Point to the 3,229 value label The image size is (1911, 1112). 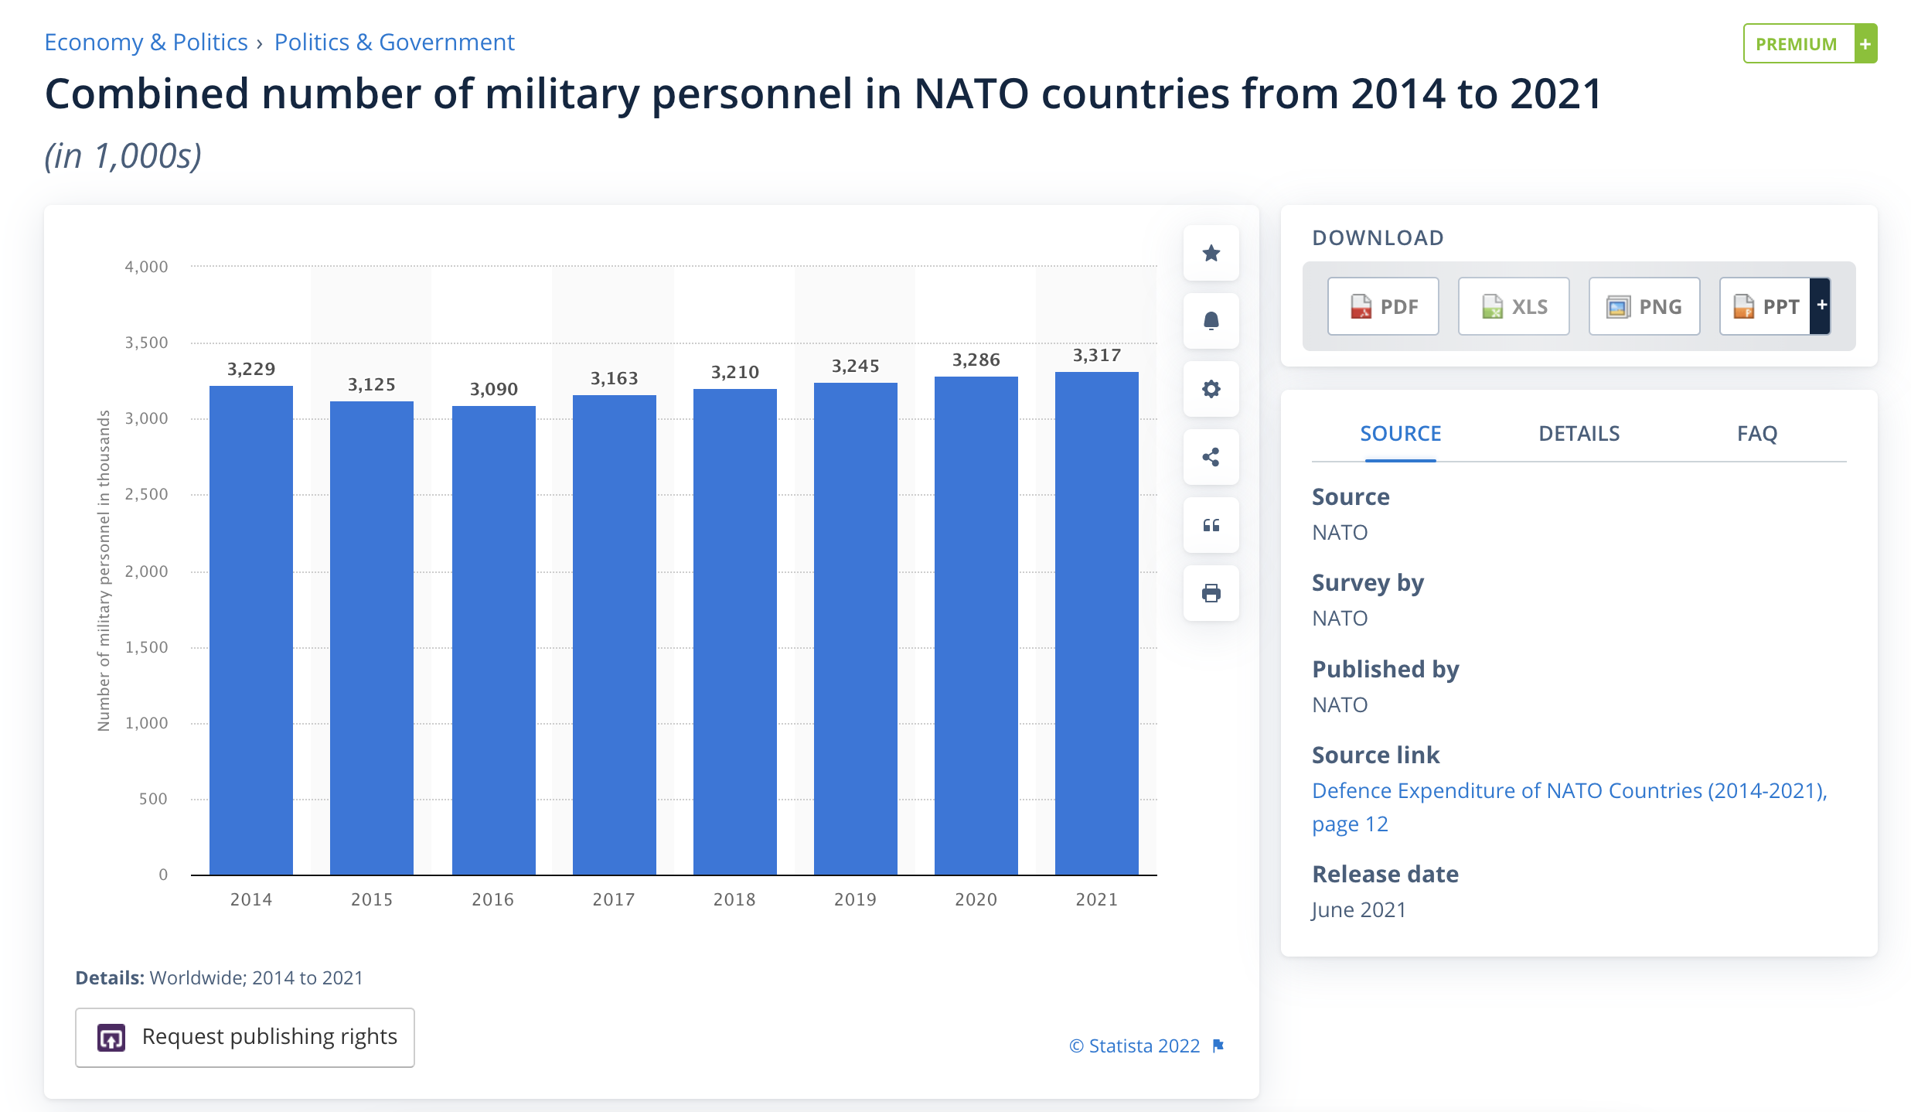(x=251, y=369)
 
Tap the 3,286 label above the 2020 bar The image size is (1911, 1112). (x=976, y=360)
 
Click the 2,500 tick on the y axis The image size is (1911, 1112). (x=146, y=494)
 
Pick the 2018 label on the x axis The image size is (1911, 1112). (x=734, y=899)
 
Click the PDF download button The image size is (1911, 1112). (x=1383, y=306)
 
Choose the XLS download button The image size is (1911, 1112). (x=1514, y=306)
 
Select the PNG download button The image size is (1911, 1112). (x=1644, y=306)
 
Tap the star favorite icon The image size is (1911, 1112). (x=1211, y=253)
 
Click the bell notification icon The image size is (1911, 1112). (x=1211, y=321)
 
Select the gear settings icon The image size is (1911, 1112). (x=1211, y=389)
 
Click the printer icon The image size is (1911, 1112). (x=1211, y=593)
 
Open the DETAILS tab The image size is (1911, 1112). (x=1579, y=434)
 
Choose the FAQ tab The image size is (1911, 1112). (x=1756, y=434)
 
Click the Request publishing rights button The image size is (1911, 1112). (x=244, y=1037)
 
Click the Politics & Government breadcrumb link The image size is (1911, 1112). (x=394, y=43)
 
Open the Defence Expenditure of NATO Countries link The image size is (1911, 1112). (x=1569, y=791)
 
